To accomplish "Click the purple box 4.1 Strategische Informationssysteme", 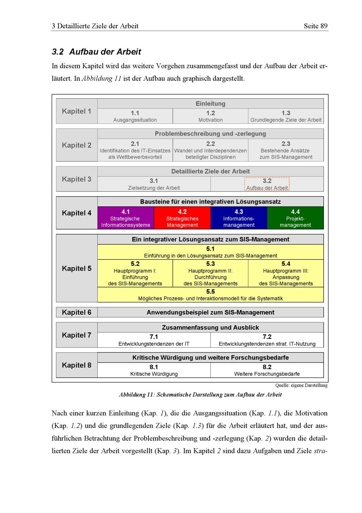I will (126, 218).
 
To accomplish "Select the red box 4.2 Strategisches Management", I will (182, 218).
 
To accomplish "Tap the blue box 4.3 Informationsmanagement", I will (239, 218).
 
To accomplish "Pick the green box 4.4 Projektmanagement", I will (295, 218).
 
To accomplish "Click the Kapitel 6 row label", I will (77, 313).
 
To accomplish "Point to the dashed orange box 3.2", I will (267, 184).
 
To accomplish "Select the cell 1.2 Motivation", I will (210, 116).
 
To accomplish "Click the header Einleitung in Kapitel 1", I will (210, 104).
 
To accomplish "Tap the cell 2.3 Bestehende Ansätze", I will (286, 150).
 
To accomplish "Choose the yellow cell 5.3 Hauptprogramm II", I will (210, 273).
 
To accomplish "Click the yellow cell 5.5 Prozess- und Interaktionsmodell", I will (210, 295).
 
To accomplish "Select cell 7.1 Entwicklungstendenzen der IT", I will (154, 340).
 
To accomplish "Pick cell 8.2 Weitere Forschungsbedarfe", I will (267, 370).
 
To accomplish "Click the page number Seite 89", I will (316, 26).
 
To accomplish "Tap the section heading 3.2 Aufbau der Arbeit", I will (96, 52).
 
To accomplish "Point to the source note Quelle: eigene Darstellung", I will (301, 385).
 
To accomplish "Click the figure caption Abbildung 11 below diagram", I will (200, 394).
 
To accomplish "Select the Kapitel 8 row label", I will (77, 365).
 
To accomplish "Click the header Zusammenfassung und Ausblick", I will (210, 328).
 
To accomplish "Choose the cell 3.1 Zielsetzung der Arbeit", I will (154, 184).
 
